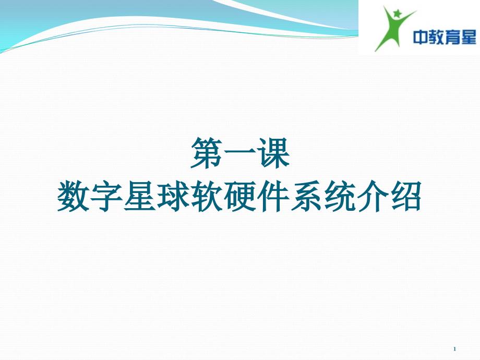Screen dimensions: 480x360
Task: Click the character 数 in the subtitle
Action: [x=74, y=196]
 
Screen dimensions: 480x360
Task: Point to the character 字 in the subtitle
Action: [x=107, y=196]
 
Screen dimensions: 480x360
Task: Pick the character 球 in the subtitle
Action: [x=173, y=196]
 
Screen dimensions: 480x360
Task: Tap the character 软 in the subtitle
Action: [x=207, y=196]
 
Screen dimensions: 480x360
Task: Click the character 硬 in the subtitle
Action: [x=240, y=196]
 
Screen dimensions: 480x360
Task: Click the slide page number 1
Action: [x=454, y=349]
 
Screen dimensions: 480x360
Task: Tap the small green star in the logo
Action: [x=397, y=13]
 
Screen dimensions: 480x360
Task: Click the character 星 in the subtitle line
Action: [x=140, y=196]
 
